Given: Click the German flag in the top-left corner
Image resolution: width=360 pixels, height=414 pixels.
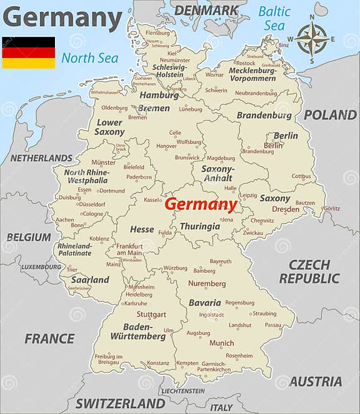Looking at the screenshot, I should tap(28, 52).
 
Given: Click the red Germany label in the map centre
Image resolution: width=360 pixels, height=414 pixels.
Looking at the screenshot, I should tap(201, 205).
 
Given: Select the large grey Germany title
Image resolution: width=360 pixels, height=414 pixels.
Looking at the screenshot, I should tap(62, 18).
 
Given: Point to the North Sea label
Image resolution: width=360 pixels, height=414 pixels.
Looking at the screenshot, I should tap(89, 59).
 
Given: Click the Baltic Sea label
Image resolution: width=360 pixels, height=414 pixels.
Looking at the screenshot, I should tap(274, 18).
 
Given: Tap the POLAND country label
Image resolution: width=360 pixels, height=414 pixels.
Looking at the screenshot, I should tap(330, 115).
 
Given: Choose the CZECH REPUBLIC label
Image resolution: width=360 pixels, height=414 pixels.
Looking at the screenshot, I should tap(309, 272).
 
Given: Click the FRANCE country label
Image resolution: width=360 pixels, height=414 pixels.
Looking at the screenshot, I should tap(49, 338).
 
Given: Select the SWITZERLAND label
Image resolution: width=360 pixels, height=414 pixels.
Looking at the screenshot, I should tap(121, 403).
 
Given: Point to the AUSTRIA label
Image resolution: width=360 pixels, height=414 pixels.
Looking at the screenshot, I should tap(315, 381).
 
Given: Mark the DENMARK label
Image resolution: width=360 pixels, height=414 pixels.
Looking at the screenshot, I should tap(206, 10).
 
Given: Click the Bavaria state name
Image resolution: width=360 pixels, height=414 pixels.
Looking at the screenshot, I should tap(205, 303).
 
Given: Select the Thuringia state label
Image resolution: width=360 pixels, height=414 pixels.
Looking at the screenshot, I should tap(200, 227).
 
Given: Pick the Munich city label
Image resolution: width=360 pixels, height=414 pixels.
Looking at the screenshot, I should tap(222, 343).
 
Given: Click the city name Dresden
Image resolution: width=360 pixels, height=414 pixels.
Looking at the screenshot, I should tap(286, 210).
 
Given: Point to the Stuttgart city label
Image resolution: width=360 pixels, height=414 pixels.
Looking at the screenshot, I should tap(151, 314).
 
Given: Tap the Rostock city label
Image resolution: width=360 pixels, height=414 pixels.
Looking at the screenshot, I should tap(246, 63).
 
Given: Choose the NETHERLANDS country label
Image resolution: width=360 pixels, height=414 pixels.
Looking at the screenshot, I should tap(41, 158).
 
